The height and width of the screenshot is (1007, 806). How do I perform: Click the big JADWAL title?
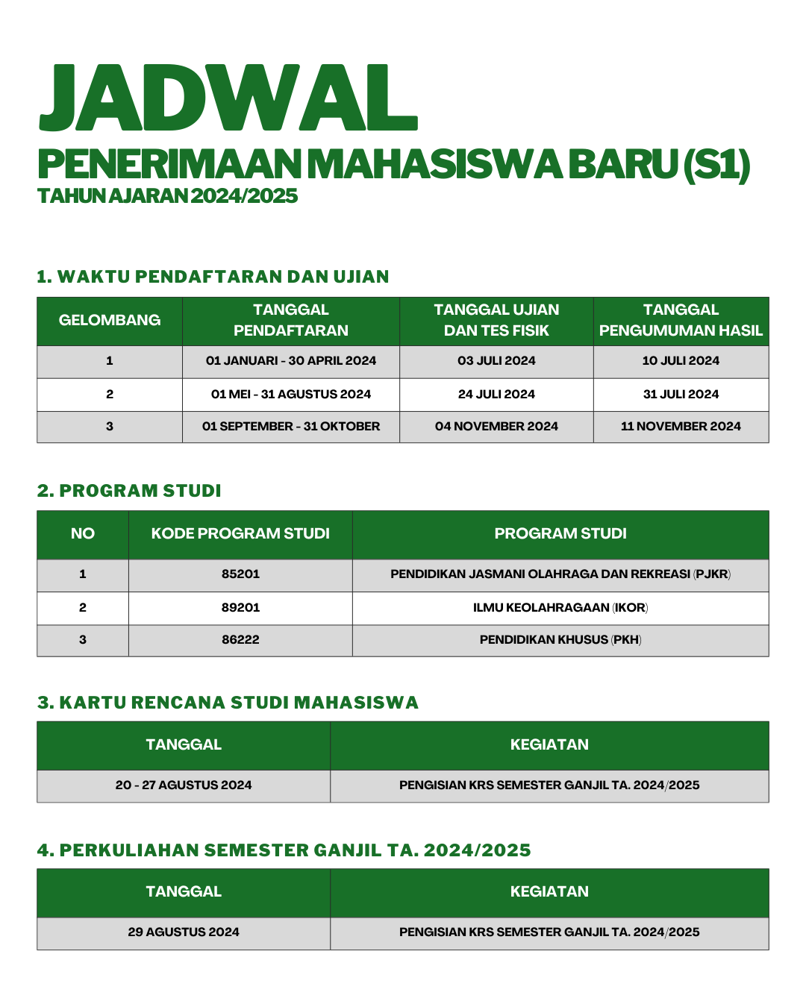[228, 100]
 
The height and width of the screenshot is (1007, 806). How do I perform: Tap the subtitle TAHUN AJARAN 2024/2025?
[167, 195]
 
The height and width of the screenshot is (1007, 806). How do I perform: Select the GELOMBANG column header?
[110, 320]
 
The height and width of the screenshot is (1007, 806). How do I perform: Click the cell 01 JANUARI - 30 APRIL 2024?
[291, 361]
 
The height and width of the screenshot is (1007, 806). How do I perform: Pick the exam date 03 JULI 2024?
[496, 361]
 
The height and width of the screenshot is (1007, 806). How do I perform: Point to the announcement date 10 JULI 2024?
[681, 361]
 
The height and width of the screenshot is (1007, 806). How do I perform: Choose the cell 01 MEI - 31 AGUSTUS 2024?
[291, 394]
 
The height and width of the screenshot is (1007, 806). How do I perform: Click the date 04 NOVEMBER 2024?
[496, 426]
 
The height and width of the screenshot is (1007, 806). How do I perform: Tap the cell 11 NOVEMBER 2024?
[681, 426]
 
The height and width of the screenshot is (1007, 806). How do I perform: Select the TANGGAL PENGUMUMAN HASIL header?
[681, 320]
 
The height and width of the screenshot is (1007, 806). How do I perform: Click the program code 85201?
[240, 574]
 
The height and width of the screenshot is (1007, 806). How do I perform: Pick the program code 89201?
[240, 607]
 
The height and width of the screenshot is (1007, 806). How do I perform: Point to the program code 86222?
[240, 639]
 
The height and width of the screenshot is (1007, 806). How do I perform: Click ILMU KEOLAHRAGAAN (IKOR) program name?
[560, 607]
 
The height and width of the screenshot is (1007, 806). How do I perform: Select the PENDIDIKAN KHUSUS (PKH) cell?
[560, 639]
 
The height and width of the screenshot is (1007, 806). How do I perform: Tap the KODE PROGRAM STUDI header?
[240, 533]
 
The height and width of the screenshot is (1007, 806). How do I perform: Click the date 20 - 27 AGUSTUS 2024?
[184, 785]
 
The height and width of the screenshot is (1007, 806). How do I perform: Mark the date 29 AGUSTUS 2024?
[184, 932]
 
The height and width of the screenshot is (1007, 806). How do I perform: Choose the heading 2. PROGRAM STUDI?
[129, 491]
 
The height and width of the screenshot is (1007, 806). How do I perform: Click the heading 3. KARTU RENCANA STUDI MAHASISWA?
[228, 703]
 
